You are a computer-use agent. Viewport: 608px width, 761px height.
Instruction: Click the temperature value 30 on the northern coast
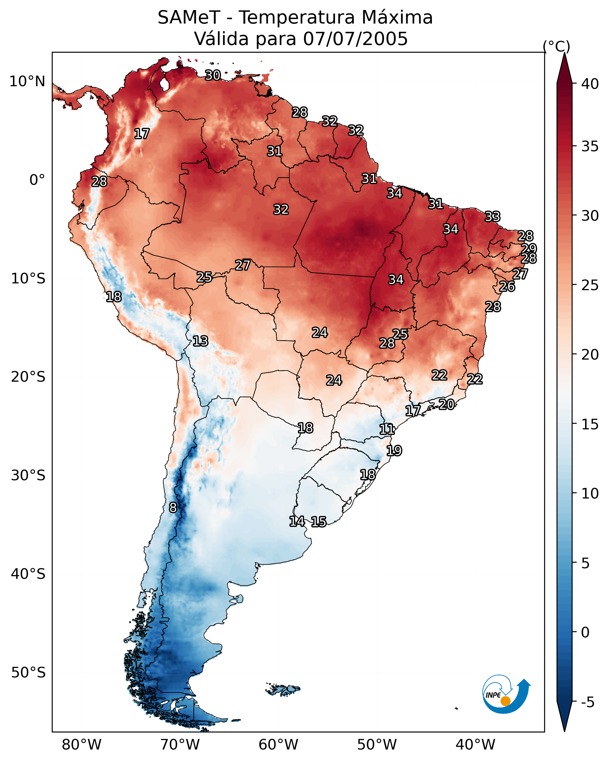tap(213, 75)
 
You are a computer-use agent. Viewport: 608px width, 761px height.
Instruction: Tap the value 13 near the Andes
tap(200, 341)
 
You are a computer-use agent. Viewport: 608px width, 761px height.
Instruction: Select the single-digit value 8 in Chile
tap(173, 508)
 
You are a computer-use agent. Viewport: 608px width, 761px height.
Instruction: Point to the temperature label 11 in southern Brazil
tap(387, 429)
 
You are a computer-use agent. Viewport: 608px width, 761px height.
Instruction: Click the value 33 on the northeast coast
tap(493, 216)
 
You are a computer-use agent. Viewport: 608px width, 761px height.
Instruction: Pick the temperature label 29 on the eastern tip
tap(529, 248)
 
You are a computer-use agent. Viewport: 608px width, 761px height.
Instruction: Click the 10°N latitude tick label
tap(27, 82)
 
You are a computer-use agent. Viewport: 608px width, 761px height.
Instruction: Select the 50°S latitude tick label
tap(28, 673)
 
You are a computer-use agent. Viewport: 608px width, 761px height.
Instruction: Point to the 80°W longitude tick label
tap(81, 745)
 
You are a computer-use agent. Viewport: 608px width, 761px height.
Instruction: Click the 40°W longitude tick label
tap(475, 745)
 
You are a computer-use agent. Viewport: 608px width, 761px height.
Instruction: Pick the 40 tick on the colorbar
tap(590, 84)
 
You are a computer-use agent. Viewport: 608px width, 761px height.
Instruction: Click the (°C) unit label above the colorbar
tap(556, 46)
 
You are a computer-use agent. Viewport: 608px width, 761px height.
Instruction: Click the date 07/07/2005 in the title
tap(355, 39)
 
